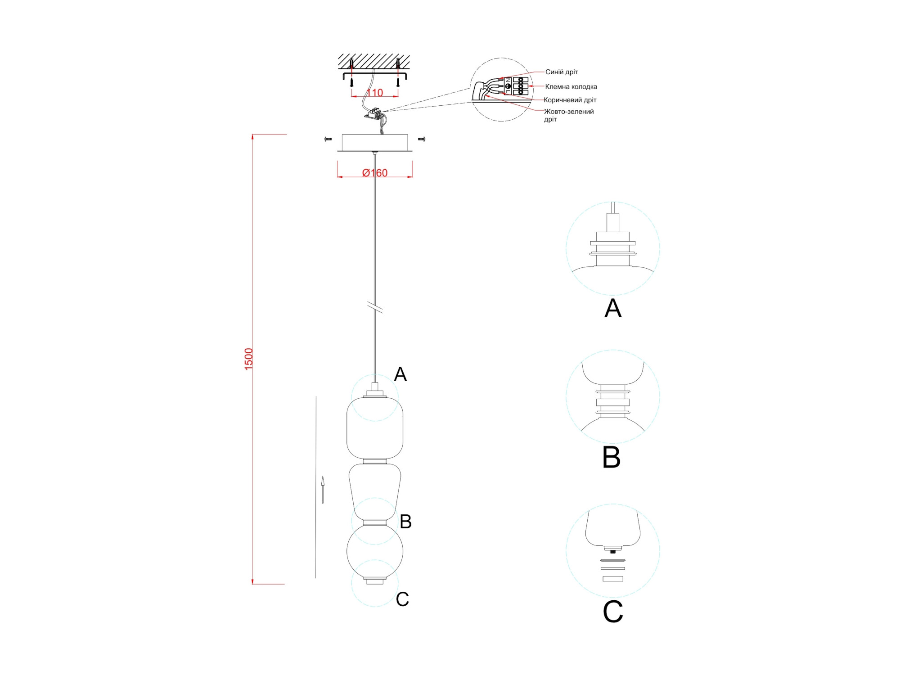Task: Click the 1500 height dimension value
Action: coord(249,359)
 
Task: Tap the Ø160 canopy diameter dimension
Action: coord(375,173)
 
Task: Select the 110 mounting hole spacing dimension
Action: coord(375,93)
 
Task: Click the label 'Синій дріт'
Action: coord(562,72)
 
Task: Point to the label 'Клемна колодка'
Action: coord(571,86)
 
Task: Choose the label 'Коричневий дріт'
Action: coord(570,100)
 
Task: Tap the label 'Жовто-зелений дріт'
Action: coord(568,115)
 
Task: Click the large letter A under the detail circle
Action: coord(613,309)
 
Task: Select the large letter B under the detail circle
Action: coord(612,457)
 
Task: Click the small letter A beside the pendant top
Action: coord(400,374)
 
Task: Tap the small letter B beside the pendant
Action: coord(405,522)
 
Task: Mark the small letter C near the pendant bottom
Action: coord(402,599)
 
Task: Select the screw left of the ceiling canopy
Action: coord(328,139)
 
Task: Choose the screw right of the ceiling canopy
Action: coord(422,139)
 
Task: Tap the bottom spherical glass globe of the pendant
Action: coord(375,552)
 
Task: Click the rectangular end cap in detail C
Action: coord(613,579)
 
